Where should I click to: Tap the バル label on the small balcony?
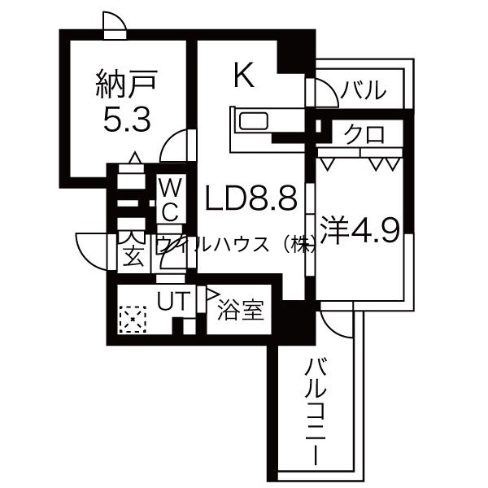point(363,90)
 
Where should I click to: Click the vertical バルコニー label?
point(316,412)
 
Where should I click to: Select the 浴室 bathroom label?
point(241,311)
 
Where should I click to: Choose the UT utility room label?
point(172,301)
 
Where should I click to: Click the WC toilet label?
point(171,199)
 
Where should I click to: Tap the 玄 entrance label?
point(131,258)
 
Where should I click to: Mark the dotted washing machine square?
point(132,320)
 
